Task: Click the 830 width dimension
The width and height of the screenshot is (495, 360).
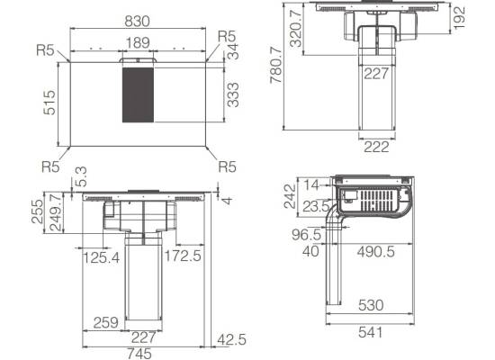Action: pyautogui.click(x=137, y=22)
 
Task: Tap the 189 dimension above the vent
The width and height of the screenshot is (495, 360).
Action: pyautogui.click(x=138, y=42)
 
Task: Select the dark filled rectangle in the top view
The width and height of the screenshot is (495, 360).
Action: pyautogui.click(x=138, y=94)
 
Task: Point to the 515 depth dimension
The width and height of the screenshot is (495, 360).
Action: pyautogui.click(x=49, y=103)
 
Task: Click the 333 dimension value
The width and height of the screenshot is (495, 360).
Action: pyautogui.click(x=233, y=95)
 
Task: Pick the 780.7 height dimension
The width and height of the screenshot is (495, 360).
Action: pyautogui.click(x=276, y=65)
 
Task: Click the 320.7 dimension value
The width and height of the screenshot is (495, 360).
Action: pyautogui.click(x=296, y=29)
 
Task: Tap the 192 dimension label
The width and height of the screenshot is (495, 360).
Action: pyautogui.click(x=459, y=18)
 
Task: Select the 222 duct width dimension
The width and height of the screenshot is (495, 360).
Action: pyautogui.click(x=376, y=147)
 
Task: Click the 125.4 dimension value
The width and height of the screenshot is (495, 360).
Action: pyautogui.click(x=102, y=257)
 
